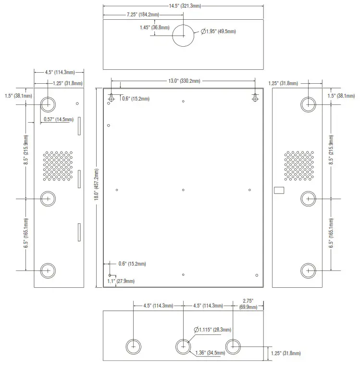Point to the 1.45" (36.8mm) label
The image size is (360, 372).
tap(154, 28)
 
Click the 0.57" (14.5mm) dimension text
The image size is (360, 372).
tap(58, 119)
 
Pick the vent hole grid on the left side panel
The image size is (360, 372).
tap(58, 166)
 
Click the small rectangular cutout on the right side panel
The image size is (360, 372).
tap(279, 190)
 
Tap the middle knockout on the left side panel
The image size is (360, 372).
tap(48, 198)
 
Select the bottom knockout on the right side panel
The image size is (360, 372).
tap(308, 270)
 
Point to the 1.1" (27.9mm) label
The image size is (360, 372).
tap(121, 281)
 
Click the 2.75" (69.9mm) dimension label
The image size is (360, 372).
tap(248, 303)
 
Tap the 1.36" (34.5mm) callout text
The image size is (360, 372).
tap(211, 353)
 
